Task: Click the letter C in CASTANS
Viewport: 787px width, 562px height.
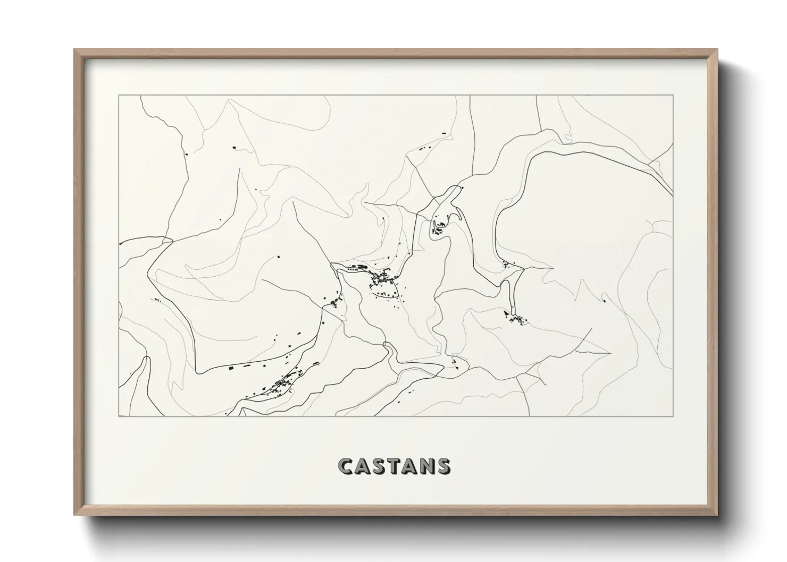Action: tap(346, 466)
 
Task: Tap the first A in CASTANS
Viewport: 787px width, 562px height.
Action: tap(363, 466)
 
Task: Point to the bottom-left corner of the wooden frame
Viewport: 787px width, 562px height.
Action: tap(75, 515)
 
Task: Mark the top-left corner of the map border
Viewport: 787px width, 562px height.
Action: tap(119, 95)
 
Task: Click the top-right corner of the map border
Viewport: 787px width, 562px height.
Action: tap(673, 95)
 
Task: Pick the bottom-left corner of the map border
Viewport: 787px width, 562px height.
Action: tap(119, 416)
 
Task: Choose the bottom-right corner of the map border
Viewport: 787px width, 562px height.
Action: tap(673, 416)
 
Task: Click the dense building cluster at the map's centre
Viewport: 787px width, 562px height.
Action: tap(382, 277)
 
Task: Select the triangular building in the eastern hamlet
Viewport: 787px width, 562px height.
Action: tap(506, 314)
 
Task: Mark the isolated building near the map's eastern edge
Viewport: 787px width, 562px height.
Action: tap(605, 301)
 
